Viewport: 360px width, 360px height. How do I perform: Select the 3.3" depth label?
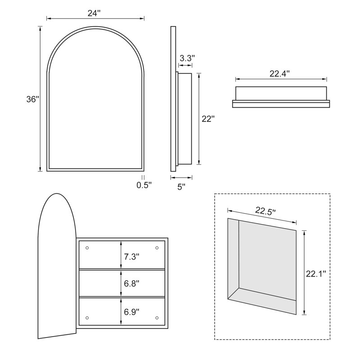(x=187, y=58)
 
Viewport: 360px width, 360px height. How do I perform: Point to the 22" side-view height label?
(x=208, y=119)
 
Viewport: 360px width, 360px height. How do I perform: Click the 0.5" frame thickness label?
(x=144, y=185)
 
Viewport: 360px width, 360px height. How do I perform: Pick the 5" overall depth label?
(x=181, y=187)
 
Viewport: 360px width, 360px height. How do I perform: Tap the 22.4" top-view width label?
(x=280, y=74)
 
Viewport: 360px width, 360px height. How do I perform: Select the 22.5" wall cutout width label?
(x=265, y=211)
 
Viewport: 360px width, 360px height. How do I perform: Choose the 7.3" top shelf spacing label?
(x=131, y=257)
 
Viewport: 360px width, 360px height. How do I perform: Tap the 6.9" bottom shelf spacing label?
(x=131, y=311)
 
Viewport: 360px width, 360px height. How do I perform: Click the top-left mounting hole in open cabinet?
(x=87, y=248)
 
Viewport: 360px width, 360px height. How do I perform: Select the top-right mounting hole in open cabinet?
(x=157, y=248)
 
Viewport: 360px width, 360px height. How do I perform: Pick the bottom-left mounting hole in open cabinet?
(x=87, y=318)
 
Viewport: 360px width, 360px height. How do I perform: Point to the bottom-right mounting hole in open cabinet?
(x=157, y=318)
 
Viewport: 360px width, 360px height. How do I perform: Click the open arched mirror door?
(x=57, y=265)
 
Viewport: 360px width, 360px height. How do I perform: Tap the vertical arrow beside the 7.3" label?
(x=121, y=255)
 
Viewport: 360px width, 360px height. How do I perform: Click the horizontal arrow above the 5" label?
(x=181, y=177)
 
